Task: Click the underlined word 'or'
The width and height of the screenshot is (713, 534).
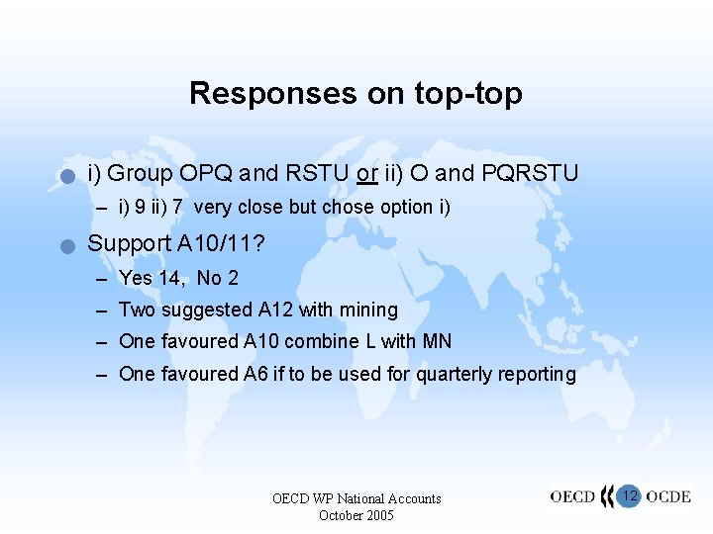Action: (367, 174)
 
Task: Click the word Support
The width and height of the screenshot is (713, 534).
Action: (129, 243)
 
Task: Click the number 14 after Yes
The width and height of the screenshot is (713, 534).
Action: (170, 279)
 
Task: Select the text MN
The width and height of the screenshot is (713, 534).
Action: (437, 342)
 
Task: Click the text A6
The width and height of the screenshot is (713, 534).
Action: (255, 374)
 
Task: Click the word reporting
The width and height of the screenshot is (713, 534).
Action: (536, 374)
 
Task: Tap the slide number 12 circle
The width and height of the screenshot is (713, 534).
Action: (629, 495)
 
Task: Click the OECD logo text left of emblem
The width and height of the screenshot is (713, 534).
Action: (573, 496)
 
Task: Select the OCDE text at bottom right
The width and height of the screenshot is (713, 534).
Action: (668, 496)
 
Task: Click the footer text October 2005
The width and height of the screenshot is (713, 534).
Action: (356, 516)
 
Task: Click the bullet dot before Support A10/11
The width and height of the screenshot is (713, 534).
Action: (66, 246)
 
